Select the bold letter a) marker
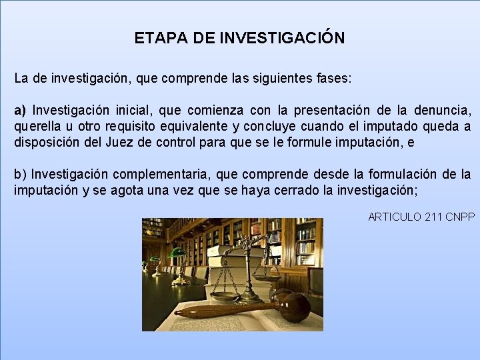(x=21, y=109)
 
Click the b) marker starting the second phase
(x=21, y=174)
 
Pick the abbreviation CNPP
(x=459, y=217)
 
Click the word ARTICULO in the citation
(x=394, y=217)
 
